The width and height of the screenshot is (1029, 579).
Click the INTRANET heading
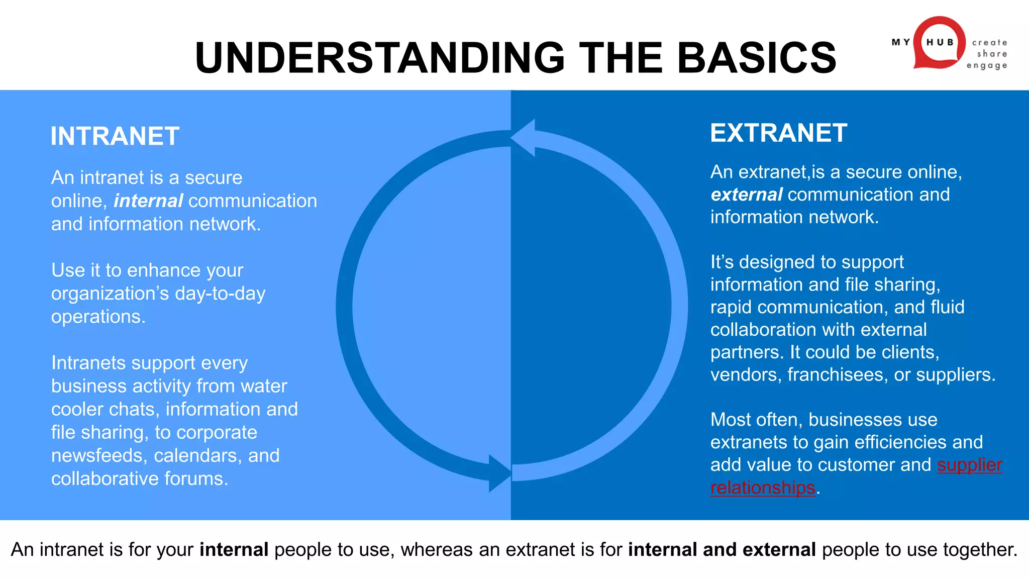(x=115, y=136)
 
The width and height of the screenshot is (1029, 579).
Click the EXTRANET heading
(x=778, y=133)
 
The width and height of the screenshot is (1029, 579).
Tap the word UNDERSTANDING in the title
(x=380, y=58)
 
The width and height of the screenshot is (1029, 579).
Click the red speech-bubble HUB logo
(x=939, y=43)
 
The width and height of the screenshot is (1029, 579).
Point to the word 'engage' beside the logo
(x=987, y=65)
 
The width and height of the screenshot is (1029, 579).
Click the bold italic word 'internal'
(x=148, y=201)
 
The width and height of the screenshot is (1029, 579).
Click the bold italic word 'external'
(x=747, y=195)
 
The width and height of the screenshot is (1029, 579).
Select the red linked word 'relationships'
(x=762, y=488)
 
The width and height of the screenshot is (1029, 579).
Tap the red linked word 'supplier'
(x=969, y=465)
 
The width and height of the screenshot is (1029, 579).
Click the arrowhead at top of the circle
(x=524, y=137)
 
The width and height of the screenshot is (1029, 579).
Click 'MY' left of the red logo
(x=900, y=42)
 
